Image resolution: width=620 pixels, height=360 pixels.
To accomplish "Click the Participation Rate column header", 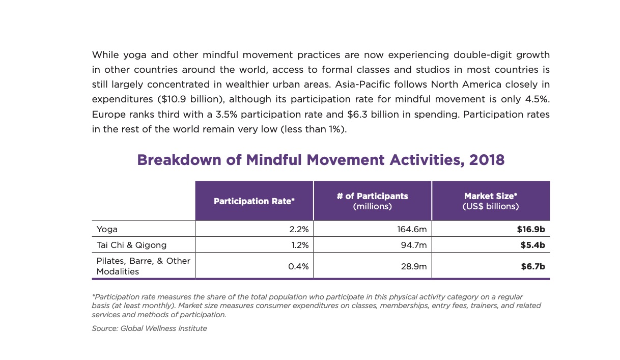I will [x=254, y=201].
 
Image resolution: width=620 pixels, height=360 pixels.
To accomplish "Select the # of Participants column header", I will [x=372, y=201].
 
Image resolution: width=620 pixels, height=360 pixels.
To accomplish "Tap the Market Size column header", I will [x=490, y=201].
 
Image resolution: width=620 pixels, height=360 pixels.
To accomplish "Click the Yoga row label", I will [x=107, y=229].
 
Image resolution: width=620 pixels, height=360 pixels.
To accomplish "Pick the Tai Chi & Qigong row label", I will [x=131, y=245].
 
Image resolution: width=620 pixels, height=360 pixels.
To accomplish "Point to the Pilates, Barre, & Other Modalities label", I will [x=143, y=266].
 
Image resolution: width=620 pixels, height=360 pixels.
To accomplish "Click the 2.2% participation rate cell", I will [x=299, y=229].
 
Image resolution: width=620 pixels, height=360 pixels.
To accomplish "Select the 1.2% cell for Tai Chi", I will [x=300, y=245].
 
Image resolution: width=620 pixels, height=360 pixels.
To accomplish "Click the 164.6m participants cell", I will [x=412, y=229].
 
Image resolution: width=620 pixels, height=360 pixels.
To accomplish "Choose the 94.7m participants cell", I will [x=414, y=245].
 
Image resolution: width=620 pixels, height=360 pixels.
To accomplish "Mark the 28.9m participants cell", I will [x=414, y=266].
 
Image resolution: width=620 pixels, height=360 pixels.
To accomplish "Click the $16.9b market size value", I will [x=531, y=229].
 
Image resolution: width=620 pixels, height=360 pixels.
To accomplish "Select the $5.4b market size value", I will [x=532, y=245].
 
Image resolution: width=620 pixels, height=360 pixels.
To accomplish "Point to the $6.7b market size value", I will [x=532, y=266].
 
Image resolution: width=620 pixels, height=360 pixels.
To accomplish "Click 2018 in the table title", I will [x=487, y=160].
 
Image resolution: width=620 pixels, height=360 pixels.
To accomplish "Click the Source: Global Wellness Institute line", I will [x=149, y=328].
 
